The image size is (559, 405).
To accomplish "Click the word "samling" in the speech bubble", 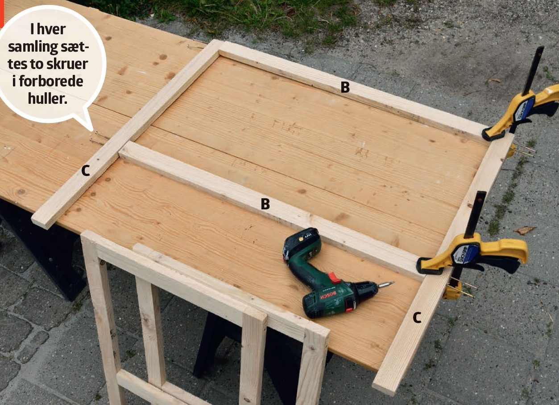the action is tap(31, 47).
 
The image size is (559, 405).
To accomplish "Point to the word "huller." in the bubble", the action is tap(48, 98).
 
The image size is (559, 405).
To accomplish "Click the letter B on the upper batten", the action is tap(345, 87).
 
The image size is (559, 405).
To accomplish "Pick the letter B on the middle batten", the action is tap(265, 204).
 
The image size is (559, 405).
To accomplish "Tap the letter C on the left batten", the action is tap(85, 171).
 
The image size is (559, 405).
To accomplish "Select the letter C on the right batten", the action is tap(417, 318).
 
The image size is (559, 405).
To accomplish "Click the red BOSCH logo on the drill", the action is tap(328, 295).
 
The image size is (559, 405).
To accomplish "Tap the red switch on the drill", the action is tap(335, 278).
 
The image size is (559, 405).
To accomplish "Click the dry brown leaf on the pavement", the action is tap(524, 230).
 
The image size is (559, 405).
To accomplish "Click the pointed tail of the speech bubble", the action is tap(92, 130).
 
